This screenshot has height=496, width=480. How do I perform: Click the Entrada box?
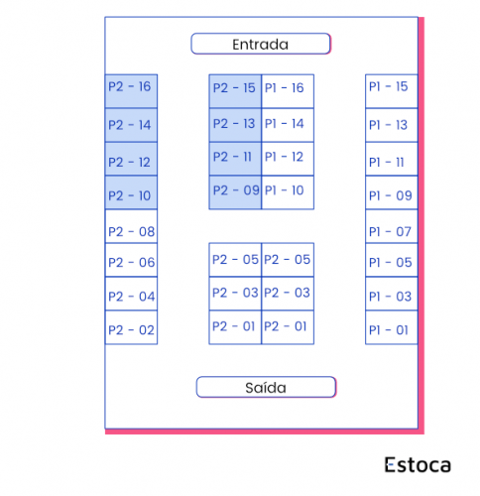[261, 44]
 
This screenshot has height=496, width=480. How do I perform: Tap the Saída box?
[266, 387]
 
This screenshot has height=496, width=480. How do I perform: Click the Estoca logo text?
[418, 464]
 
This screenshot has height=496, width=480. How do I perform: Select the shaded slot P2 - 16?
[131, 91]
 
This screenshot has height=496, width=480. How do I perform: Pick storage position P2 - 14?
[131, 125]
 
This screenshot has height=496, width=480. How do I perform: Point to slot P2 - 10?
[131, 192]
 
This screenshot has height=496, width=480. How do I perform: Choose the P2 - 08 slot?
[131, 226]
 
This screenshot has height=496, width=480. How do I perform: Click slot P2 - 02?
[131, 327]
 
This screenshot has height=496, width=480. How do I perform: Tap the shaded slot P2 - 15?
[235, 91]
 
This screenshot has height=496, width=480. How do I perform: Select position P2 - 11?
[235, 159]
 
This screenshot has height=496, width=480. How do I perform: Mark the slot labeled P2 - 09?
[235, 192]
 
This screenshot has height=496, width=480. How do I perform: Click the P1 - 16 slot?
[288, 91]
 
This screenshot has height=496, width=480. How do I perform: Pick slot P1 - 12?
[288, 159]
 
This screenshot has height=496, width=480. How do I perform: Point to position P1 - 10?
[288, 192]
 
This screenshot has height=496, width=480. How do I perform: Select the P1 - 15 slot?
[392, 91]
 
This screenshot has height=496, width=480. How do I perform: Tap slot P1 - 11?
[392, 159]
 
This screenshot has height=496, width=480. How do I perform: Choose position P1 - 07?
[392, 226]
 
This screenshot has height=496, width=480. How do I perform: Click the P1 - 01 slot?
[392, 327]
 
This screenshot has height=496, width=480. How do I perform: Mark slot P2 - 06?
[131, 260]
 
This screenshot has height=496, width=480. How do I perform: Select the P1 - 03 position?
[392, 294]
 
